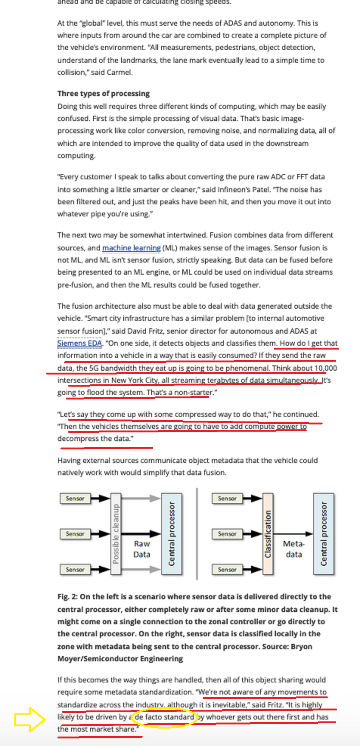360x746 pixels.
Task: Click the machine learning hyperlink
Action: (131, 248)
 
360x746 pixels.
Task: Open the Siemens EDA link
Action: (79, 343)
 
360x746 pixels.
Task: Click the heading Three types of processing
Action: (103, 93)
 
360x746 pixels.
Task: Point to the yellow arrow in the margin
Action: (29, 719)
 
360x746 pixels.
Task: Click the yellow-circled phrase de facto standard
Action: (164, 717)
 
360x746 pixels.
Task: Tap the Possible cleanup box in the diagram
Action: (116, 533)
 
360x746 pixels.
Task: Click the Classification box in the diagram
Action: (268, 533)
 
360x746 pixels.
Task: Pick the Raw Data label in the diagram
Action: (142, 549)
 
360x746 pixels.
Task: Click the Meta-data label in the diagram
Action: (294, 549)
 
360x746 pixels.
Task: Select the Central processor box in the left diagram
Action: (172, 533)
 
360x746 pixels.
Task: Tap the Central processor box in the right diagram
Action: (324, 533)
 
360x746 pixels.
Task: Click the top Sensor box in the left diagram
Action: (75, 499)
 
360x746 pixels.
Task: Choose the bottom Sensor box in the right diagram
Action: (227, 569)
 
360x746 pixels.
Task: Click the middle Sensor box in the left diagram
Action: (75, 534)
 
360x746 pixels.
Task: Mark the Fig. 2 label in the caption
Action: (67, 597)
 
